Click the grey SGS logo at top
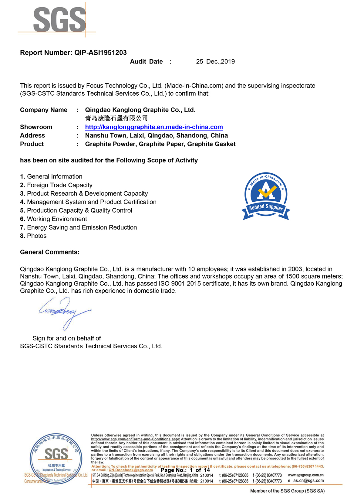(59, 20)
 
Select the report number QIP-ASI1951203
(100, 53)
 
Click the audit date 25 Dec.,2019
(215, 62)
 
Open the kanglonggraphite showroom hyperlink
(154, 127)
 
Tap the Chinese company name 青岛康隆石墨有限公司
(116, 118)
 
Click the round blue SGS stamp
(56, 459)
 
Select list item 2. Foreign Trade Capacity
(56, 185)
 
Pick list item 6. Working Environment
(53, 219)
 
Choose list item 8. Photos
(33, 236)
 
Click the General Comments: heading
(50, 252)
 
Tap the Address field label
(32, 135)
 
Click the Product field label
(32, 144)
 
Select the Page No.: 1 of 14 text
(185, 470)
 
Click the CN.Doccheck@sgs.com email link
(131, 470)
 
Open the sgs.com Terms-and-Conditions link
(135, 439)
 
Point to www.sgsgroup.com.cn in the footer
(305, 475)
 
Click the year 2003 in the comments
(295, 269)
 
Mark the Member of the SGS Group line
(287, 491)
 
